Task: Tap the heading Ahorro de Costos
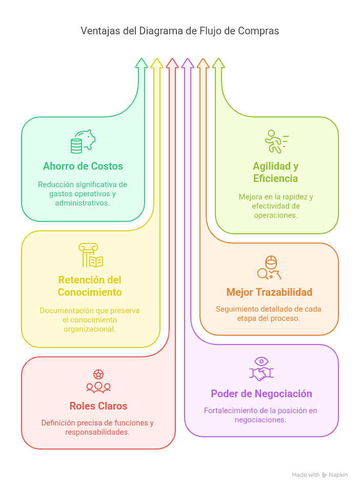pos(83,166)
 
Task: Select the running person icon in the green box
pos(276,141)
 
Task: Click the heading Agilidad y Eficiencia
pos(275,172)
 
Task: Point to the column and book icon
pos(91,255)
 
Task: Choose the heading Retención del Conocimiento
pos(90,286)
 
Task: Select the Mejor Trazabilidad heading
pos(269,292)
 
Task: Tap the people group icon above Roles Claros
pos(98,381)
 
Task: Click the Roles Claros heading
pos(98,406)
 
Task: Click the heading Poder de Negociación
pos(262,394)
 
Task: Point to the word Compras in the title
pos(258,31)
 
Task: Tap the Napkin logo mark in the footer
pos(325,475)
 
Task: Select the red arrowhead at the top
pos(172,63)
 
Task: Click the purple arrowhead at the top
pos(188,63)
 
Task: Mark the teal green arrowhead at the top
pos(142,63)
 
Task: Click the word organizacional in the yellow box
pos(90,329)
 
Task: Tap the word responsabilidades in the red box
pos(97,432)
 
